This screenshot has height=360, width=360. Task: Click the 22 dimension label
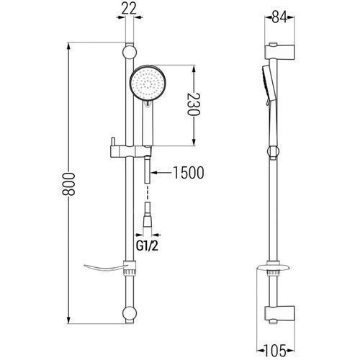(x=129, y=9)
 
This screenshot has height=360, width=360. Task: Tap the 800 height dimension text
(x=68, y=184)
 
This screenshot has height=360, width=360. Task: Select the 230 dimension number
(x=194, y=104)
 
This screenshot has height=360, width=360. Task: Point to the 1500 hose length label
(x=189, y=173)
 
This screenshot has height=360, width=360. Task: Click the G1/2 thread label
(x=148, y=246)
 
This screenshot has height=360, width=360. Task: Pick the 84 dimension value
(x=279, y=17)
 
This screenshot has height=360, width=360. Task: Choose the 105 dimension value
(x=275, y=350)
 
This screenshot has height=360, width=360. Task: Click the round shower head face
(x=148, y=82)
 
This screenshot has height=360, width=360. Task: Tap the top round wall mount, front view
(x=130, y=53)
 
